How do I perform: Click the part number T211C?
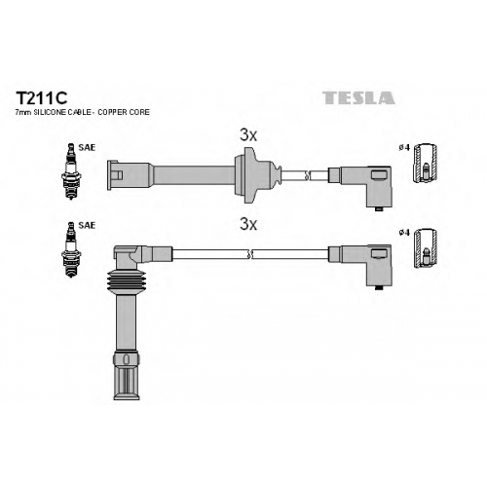[42, 97]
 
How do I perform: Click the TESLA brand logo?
[358, 98]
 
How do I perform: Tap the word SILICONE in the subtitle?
[49, 112]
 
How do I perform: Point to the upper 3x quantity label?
[248, 135]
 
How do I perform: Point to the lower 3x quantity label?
[248, 224]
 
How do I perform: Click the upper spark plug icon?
[71, 171]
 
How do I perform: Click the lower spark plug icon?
[71, 249]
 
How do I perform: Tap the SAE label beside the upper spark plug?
[87, 147]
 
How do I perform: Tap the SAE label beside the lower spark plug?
[87, 225]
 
